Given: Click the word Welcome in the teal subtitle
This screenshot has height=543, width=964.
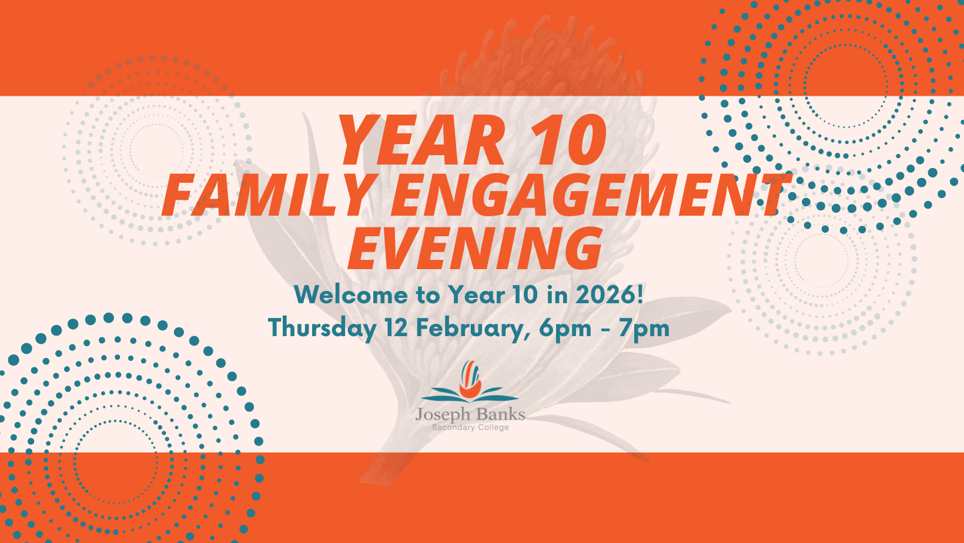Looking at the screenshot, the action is (x=351, y=295).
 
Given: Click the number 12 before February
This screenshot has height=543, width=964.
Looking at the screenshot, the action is (x=396, y=328).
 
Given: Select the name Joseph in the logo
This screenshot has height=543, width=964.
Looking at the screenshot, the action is (x=443, y=415).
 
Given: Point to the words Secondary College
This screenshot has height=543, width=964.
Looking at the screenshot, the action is (x=470, y=427).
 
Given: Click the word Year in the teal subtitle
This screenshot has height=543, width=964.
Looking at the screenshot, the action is (x=476, y=295).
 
